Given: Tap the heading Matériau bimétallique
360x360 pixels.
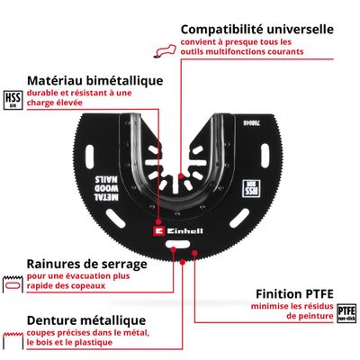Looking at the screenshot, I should (95, 80).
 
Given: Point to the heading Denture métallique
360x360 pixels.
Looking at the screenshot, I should (86, 320).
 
